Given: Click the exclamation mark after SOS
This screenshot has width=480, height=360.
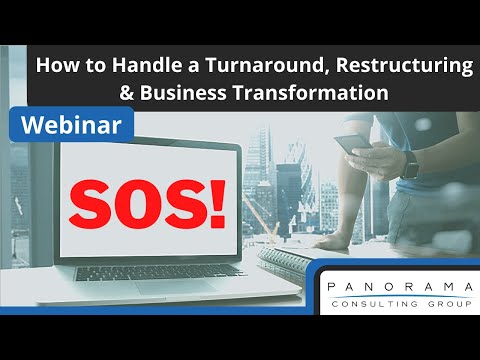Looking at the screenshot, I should [214, 203].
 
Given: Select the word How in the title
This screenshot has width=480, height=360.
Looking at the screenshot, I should [53, 67].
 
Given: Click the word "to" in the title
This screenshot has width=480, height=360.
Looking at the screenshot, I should [84, 67].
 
